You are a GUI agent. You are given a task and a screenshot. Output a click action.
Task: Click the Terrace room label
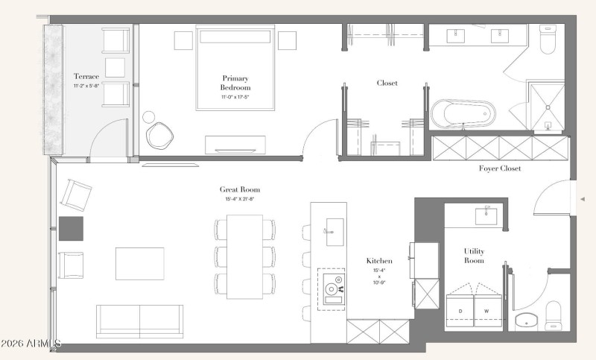click(87, 76)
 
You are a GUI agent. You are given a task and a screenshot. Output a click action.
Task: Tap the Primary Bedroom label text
click(235, 82)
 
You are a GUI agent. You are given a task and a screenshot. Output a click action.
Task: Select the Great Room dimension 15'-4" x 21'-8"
click(240, 199)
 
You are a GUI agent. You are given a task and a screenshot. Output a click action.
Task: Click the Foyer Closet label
click(499, 168)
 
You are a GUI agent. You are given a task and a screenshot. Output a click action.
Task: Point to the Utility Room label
click(474, 256)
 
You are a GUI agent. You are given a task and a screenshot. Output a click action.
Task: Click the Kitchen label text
click(378, 261)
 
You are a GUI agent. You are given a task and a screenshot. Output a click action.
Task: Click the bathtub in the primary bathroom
click(463, 115)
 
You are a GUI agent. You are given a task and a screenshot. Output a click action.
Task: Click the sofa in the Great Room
click(139, 320)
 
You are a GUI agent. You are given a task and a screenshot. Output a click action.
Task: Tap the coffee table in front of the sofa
click(139, 263)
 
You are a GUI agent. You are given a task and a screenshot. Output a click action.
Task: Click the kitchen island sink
click(334, 227)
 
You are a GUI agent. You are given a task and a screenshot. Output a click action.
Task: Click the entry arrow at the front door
click(582, 199)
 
